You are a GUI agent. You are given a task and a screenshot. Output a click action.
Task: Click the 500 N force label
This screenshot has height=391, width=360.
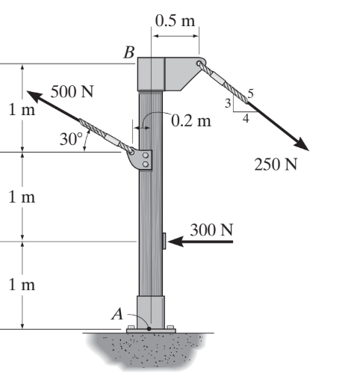pyautogui.click(x=72, y=91)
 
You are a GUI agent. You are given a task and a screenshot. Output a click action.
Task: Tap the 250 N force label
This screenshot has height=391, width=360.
pyautogui.click(x=276, y=164)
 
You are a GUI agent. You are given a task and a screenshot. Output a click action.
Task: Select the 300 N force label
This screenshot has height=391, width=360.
pyautogui.click(x=211, y=230)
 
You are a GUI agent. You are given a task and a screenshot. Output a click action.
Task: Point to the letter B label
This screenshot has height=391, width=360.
pyautogui.click(x=129, y=52)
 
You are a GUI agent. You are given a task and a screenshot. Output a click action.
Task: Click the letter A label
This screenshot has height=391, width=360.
pyautogui.click(x=117, y=314)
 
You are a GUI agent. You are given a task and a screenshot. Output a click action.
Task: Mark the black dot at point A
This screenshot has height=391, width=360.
pyautogui.click(x=149, y=329)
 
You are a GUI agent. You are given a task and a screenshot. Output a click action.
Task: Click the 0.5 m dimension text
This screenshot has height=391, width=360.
pyautogui.click(x=175, y=20)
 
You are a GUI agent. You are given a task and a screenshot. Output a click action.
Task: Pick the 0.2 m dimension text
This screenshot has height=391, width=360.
pyautogui.click(x=191, y=121)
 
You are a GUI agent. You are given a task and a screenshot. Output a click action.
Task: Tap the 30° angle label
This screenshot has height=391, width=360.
pyautogui.click(x=71, y=139)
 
